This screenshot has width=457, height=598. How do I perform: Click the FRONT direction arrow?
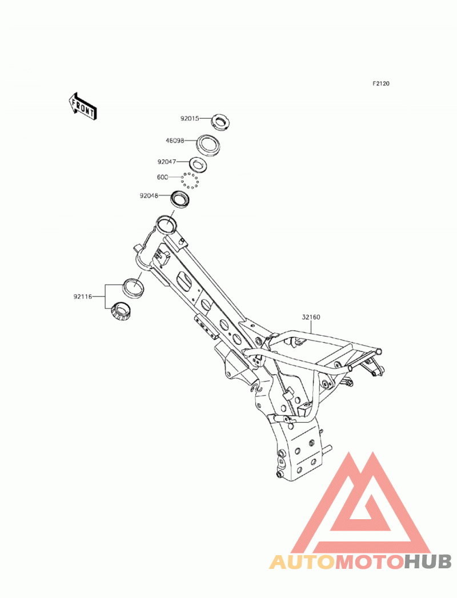click(83, 106)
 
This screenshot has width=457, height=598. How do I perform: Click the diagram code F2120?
click(381, 83)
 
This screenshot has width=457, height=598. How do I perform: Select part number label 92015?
click(190, 119)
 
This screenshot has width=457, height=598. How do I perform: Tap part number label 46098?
click(175, 141)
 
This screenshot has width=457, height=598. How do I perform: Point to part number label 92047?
click(167, 162)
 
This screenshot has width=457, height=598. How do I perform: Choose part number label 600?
click(162, 177)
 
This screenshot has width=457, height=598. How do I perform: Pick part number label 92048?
click(149, 196)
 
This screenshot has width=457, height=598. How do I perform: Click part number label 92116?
click(83, 296)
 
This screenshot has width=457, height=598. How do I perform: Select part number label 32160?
click(311, 317)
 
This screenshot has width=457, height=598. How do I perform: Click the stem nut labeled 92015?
click(220, 122)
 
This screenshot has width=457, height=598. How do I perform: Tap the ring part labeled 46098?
click(209, 144)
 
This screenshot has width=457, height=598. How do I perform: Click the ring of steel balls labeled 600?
click(190, 180)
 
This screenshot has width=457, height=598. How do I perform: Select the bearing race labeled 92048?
click(181, 199)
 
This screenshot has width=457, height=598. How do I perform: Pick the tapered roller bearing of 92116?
click(121, 311)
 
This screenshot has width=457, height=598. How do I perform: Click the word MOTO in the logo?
click(370, 562)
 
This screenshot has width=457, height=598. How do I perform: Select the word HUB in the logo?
click(427, 562)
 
